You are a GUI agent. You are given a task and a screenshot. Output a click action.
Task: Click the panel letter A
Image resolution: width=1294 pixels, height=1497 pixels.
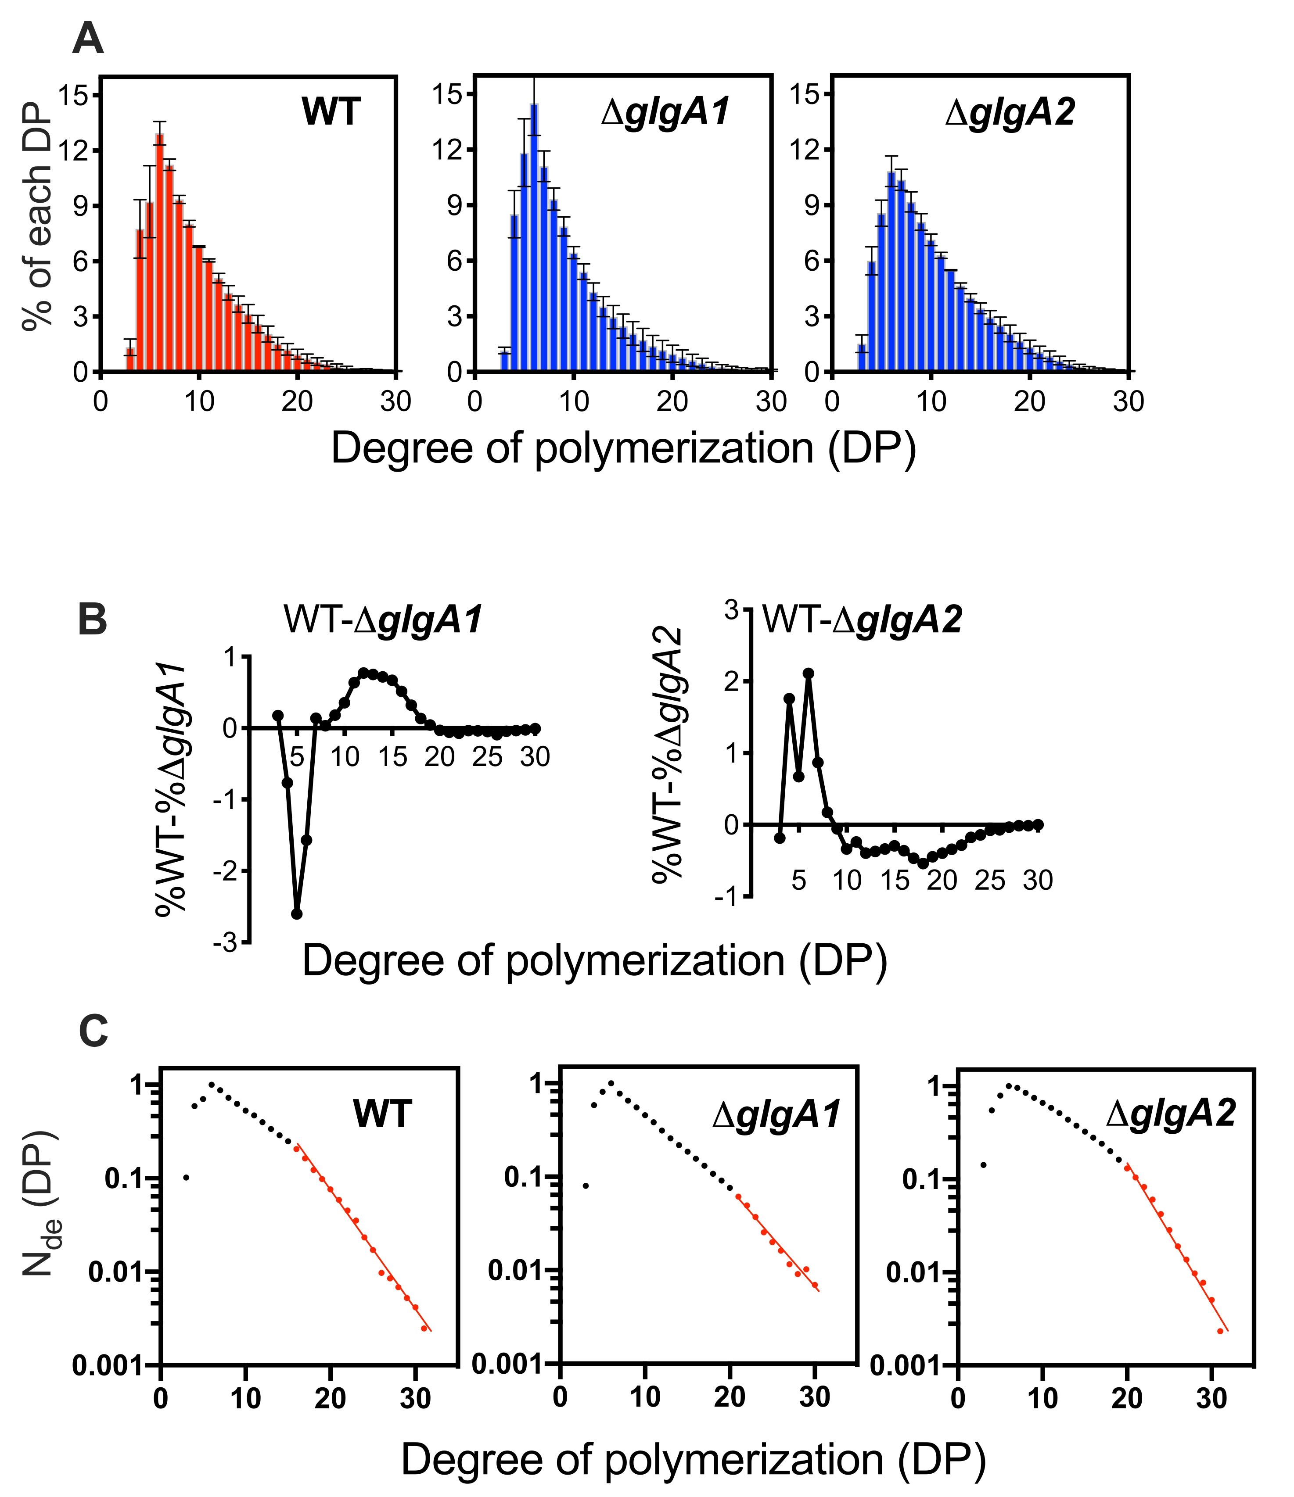88,39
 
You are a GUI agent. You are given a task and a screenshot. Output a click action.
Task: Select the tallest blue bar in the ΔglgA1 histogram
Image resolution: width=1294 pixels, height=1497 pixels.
534,238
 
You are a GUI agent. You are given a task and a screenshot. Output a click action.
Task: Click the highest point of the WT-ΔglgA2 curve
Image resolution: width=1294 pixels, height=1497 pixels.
808,673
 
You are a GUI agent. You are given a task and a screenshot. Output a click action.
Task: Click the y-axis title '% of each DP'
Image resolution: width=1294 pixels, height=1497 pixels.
38,217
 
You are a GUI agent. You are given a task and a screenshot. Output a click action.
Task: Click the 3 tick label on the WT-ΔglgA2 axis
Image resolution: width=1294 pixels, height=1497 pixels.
732,610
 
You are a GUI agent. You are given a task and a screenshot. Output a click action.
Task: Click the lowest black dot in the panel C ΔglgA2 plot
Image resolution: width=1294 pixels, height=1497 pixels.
983,1165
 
